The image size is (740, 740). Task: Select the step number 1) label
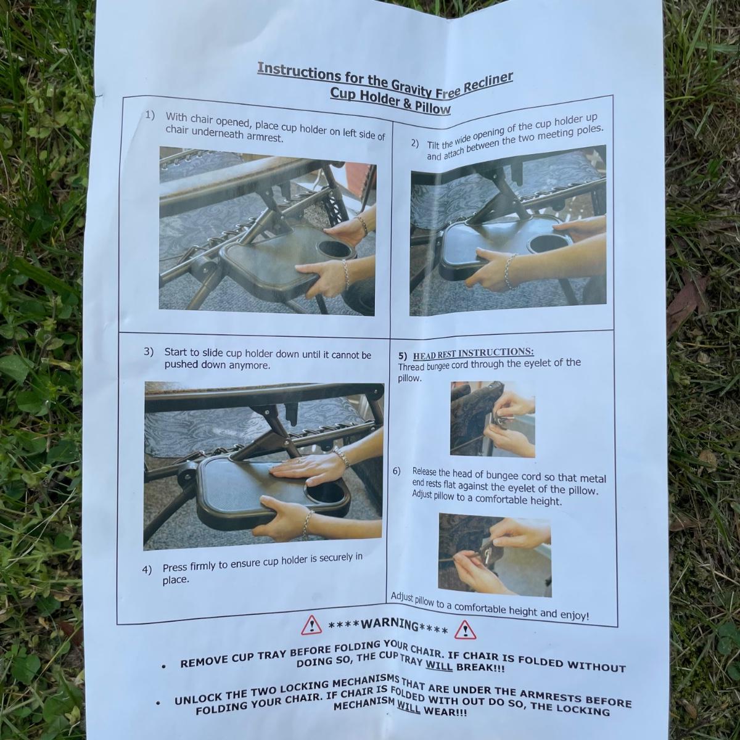point(149,115)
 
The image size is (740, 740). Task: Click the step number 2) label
point(415,144)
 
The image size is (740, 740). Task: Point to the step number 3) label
point(148,351)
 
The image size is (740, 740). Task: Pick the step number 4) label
point(147,570)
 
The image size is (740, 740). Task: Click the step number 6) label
point(397,471)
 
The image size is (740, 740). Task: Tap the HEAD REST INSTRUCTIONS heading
point(473,353)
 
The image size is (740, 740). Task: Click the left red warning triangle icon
point(311,625)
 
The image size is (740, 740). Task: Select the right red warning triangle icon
point(465,630)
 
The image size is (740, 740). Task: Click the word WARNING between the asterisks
point(389,625)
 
